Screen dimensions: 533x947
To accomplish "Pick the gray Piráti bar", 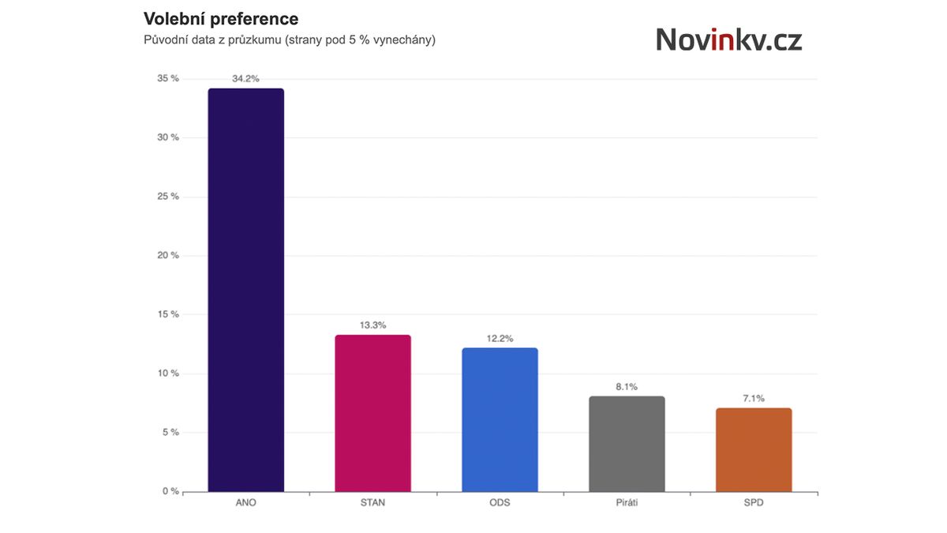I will click(627, 444).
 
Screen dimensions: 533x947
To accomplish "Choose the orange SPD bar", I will click(754, 449).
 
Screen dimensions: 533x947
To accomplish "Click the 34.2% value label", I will click(245, 79).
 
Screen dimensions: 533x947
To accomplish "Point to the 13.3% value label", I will click(372, 325).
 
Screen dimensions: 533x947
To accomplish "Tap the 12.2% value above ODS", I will click(500, 338).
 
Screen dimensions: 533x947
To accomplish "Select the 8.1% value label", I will click(627, 387).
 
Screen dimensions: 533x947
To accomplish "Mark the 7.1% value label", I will click(754, 399).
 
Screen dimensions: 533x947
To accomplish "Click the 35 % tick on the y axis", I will click(167, 79).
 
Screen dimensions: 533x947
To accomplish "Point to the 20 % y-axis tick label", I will click(167, 256).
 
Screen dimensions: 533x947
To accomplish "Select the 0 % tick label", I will click(170, 491).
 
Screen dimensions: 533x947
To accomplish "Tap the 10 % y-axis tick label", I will click(167, 373).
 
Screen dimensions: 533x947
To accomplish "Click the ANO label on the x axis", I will click(245, 503).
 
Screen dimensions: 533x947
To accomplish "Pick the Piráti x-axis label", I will click(627, 503).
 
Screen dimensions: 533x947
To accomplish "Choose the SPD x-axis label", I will click(754, 503).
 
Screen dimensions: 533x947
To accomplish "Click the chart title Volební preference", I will click(221, 18).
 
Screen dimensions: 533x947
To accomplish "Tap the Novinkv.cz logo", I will click(728, 39).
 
